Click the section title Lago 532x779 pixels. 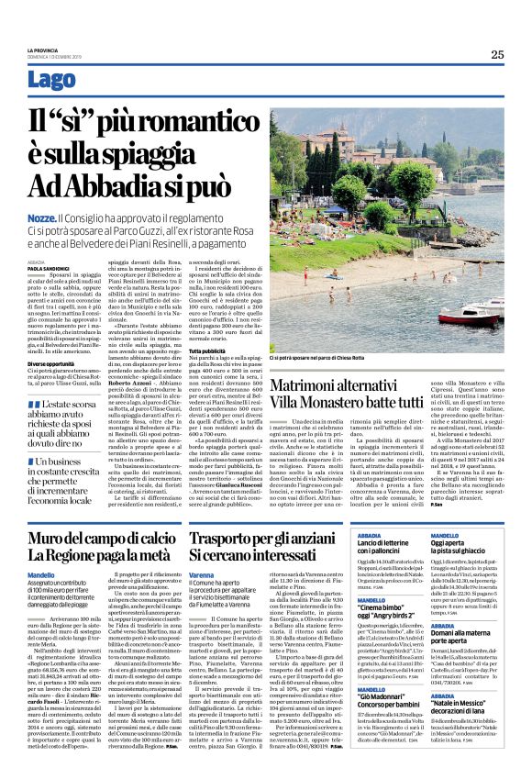click(x=51, y=80)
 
